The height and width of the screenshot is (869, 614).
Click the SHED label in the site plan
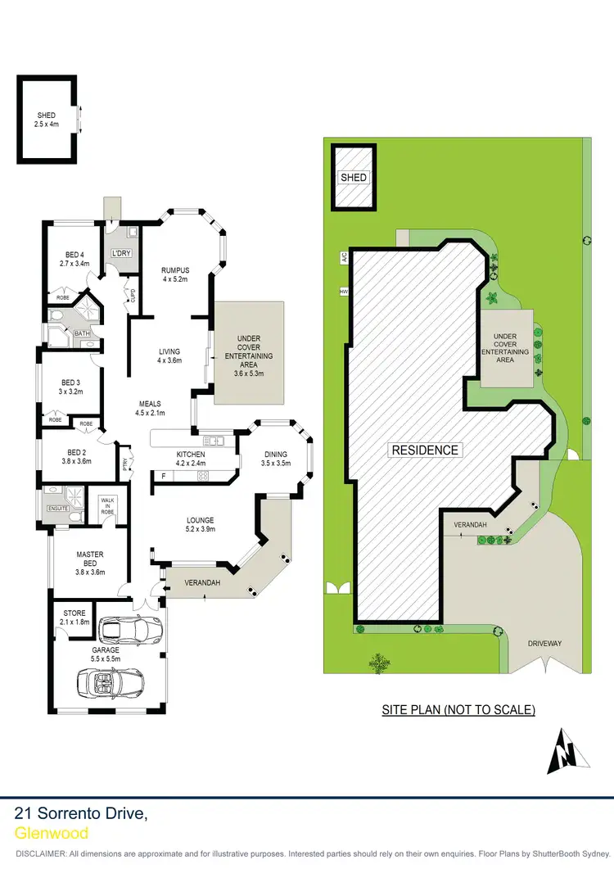[x=354, y=178]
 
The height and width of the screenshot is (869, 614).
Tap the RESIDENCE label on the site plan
[x=424, y=450]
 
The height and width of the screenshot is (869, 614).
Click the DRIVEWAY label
[x=544, y=644]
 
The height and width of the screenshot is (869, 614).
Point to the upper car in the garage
[x=129, y=630]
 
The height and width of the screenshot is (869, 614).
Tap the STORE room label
[x=74, y=618]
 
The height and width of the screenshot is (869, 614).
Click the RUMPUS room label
[x=175, y=274]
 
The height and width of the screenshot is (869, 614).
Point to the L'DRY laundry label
[x=122, y=252]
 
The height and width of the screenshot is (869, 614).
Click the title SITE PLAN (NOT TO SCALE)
[x=458, y=710]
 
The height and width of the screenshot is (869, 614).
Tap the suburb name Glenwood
[x=52, y=833]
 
